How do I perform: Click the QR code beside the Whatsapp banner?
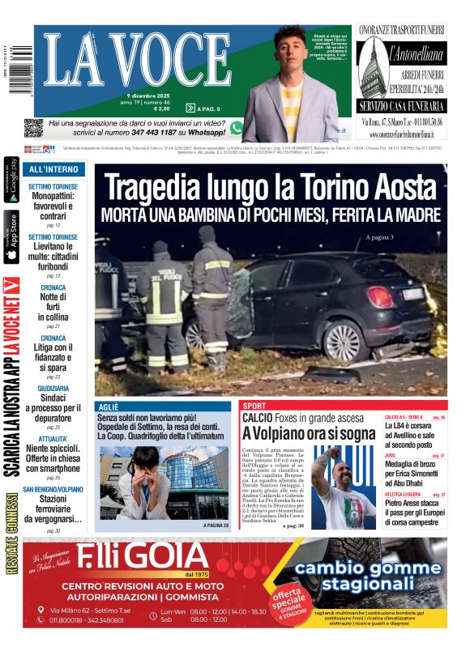pyautogui.click(x=33, y=128)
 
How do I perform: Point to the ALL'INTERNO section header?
pyautogui.click(x=54, y=170)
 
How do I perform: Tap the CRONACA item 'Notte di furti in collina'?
pyautogui.click(x=53, y=307)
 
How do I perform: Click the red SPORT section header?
pyautogui.click(x=254, y=406)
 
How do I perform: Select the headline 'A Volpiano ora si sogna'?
pyautogui.click(x=307, y=433)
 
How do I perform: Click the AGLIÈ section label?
pyautogui.click(x=109, y=406)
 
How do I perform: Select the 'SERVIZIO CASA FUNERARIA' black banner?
pyautogui.click(x=402, y=106)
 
